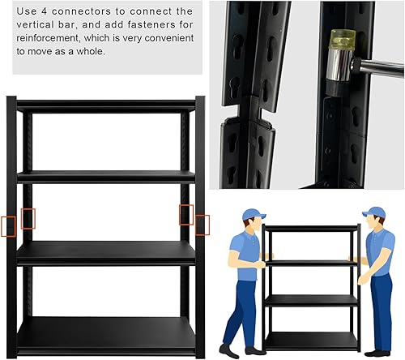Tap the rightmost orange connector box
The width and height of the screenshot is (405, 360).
(x=202, y=225)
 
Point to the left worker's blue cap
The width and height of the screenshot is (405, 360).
(x=253, y=215)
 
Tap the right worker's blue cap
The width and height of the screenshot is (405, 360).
(x=373, y=213)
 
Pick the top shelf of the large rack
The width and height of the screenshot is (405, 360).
(x=106, y=105)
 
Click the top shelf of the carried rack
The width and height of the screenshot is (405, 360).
(x=312, y=228)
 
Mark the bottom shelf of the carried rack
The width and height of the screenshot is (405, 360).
(x=312, y=340)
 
